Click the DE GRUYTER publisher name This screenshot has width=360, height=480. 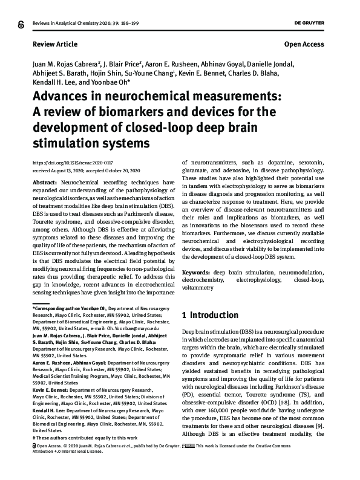click(x=308, y=23)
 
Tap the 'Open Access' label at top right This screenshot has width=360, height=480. click(x=304, y=45)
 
